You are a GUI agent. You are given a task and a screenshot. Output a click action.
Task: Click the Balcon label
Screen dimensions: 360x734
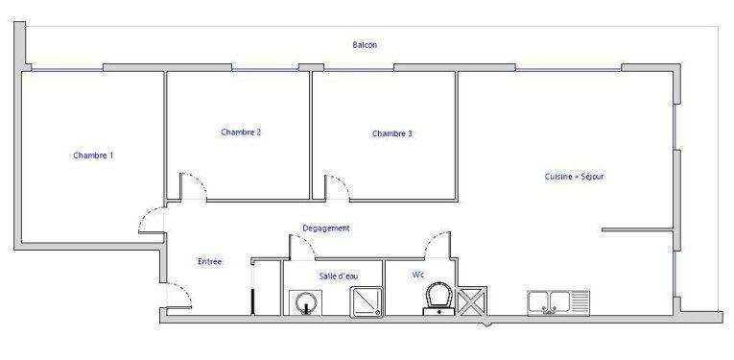coord(365,45)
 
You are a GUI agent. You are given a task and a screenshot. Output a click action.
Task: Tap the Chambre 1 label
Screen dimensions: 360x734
coord(93,155)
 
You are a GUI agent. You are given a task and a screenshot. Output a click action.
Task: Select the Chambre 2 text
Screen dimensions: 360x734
coord(241,132)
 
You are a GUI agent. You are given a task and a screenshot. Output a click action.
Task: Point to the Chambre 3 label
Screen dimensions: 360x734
coord(391,133)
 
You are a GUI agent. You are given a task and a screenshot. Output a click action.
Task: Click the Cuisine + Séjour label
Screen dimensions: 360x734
coord(574,176)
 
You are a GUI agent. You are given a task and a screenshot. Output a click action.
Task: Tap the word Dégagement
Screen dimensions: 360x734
coord(325,228)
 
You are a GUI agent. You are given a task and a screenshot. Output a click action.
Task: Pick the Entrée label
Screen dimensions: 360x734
coord(210,261)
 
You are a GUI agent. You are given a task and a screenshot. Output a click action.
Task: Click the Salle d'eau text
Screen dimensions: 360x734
coord(339,276)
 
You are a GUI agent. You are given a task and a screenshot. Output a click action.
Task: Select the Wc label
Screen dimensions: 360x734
coord(418,275)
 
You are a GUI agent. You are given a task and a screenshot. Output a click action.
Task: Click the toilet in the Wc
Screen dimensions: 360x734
coord(439,298)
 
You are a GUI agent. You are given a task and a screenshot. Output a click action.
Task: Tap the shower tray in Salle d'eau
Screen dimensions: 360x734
coord(366,301)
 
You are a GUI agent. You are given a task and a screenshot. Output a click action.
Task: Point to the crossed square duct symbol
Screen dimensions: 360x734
coord(472,301)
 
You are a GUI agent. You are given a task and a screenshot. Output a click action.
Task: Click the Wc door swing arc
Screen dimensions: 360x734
coord(437,244)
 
